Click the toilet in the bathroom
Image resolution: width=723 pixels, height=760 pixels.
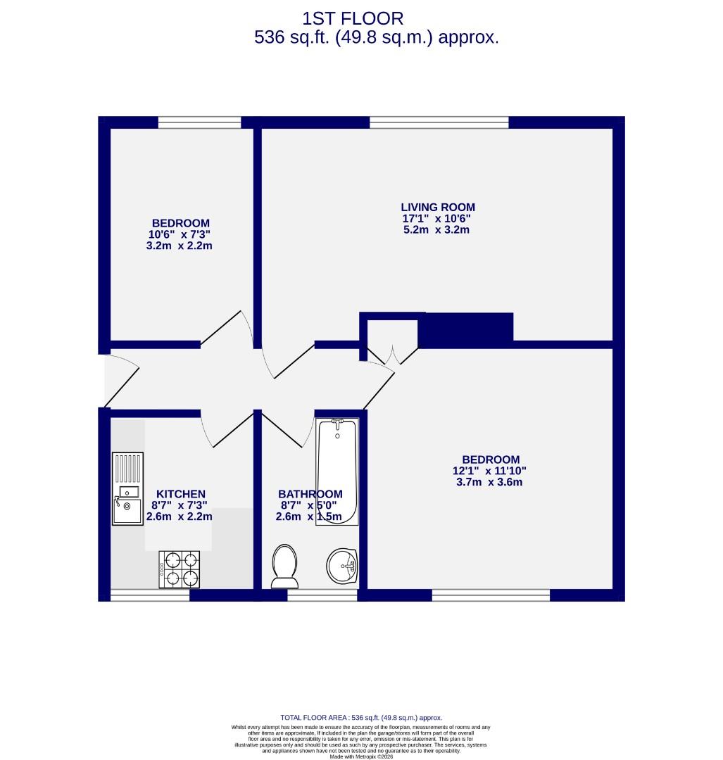click(285, 566)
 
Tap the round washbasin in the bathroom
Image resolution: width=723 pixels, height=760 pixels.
click(342, 566)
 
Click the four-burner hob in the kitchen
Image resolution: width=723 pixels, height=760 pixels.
click(180, 569)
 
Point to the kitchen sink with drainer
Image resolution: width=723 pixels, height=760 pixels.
click(127, 488)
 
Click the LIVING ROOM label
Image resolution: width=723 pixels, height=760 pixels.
click(438, 207)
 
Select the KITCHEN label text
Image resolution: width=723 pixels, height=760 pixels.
click(180, 494)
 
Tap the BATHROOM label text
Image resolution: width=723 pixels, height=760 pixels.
click(310, 494)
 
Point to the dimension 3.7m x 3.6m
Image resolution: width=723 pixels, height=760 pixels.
click(490, 482)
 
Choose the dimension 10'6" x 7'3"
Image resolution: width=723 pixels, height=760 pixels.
click(179, 234)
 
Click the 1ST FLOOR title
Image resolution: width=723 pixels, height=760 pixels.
click(353, 18)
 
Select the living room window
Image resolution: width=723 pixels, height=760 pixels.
click(439, 122)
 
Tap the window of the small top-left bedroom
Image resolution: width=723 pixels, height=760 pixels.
click(199, 122)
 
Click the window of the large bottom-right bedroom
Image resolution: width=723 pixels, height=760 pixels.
click(491, 595)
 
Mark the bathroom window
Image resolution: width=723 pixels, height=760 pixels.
click(322, 595)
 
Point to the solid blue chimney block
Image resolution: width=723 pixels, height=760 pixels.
click(465, 329)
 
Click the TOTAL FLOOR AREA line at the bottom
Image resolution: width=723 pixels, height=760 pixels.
click(361, 717)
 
